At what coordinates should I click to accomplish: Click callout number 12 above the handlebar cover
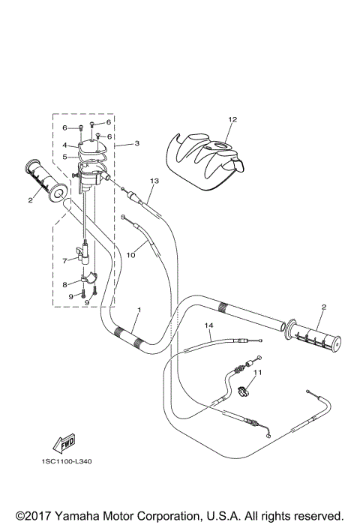pos(232,119)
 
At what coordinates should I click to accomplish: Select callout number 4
pos(65,145)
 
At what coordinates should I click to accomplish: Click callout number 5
pos(65,157)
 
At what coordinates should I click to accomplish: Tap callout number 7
pos(65,260)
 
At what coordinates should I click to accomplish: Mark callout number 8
pos(65,285)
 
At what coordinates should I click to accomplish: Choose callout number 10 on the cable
pos(130,255)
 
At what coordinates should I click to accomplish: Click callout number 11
pos(259,372)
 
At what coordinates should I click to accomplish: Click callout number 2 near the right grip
pos(302,307)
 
